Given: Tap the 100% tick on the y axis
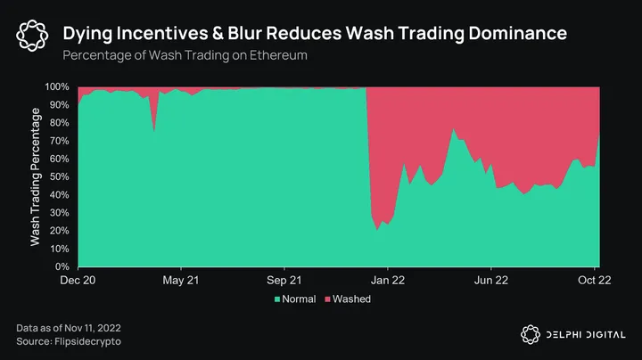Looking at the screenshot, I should [57, 86].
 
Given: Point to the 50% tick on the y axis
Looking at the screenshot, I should [59, 176].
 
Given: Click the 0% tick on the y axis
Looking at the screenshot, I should [62, 266].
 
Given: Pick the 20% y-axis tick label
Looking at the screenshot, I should [59, 231].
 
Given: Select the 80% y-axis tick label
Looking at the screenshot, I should [59, 123].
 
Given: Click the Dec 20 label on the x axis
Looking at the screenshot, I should [78, 280].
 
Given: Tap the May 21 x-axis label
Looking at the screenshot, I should [181, 280].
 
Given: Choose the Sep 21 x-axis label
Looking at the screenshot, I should [284, 280].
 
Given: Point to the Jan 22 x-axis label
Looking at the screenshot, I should [387, 280].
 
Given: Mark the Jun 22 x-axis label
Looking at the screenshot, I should [490, 280].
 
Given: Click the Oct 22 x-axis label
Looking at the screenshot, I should [592, 280].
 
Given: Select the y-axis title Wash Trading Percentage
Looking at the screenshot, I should [36, 176].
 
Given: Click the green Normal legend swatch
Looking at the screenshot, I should [277, 299].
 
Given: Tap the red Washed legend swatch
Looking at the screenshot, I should [327, 299].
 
